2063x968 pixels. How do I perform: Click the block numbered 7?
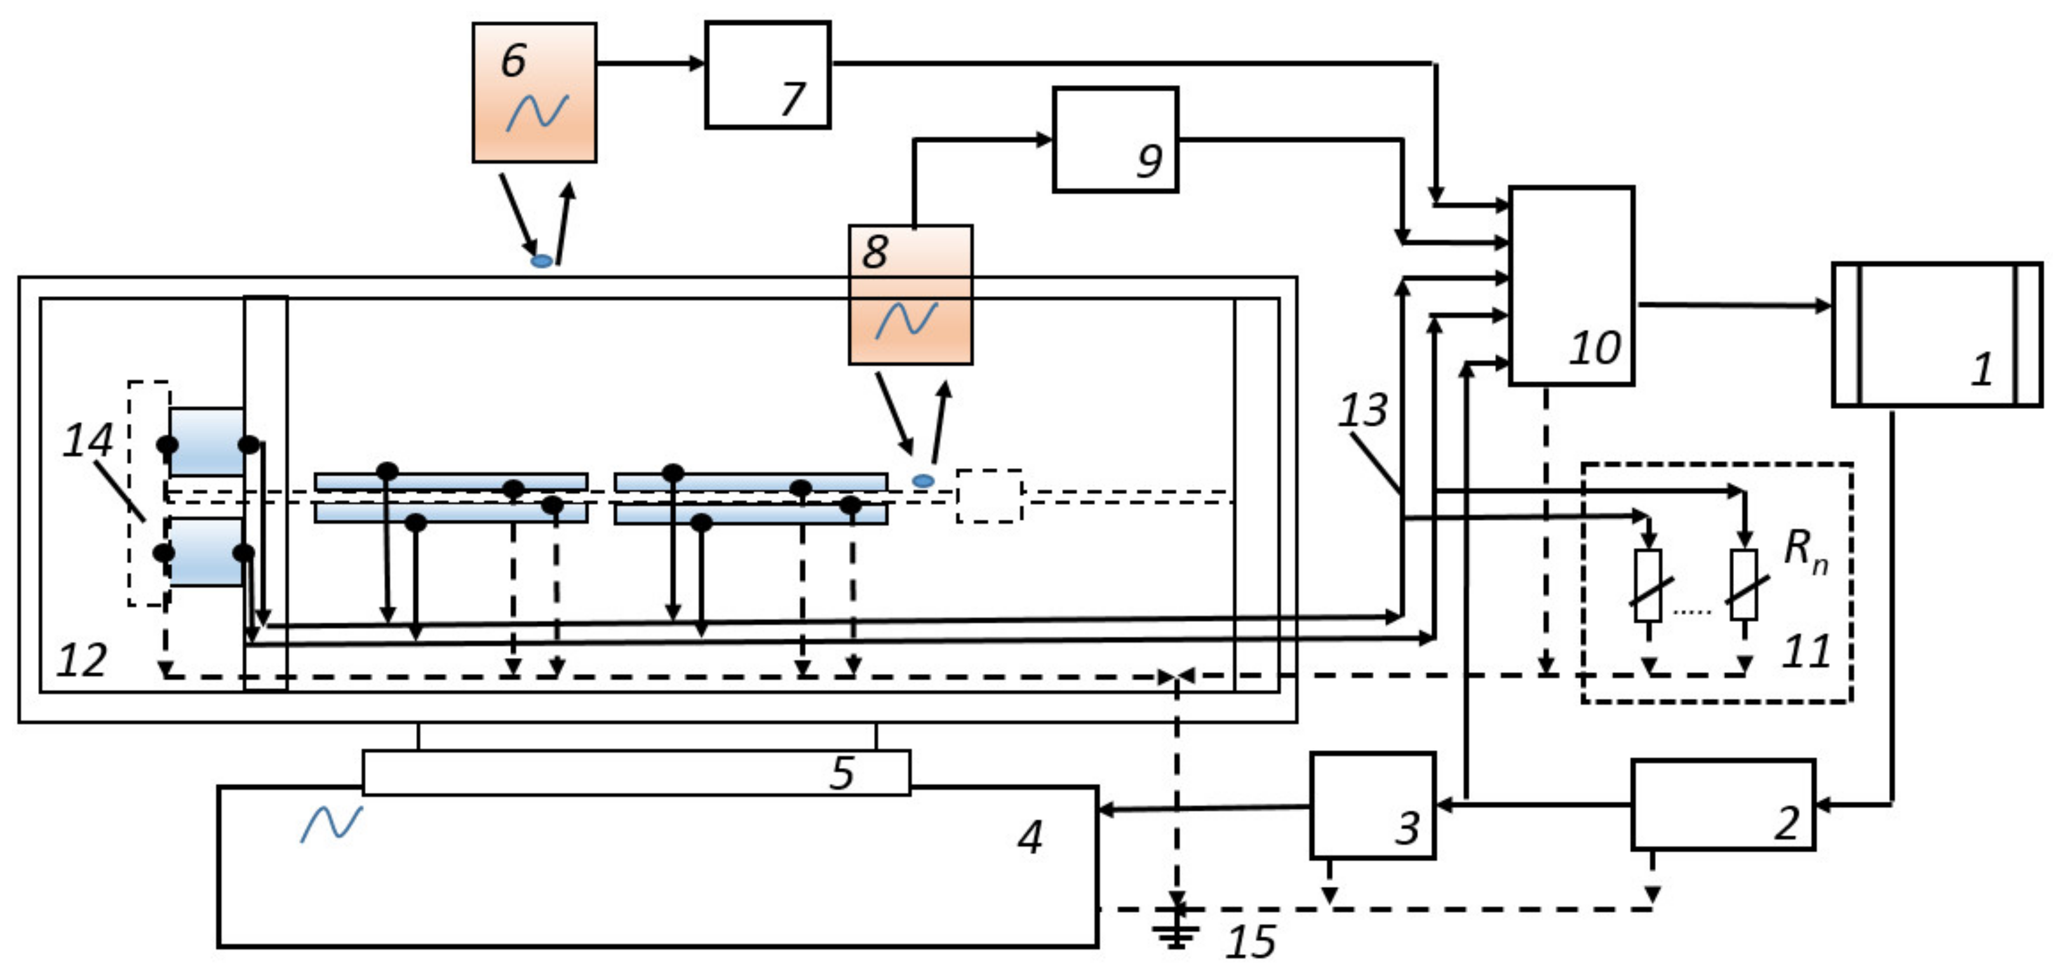(767, 74)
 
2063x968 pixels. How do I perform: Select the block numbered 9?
(1115, 139)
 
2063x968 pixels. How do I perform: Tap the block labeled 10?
(1571, 286)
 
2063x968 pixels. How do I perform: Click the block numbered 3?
(1373, 805)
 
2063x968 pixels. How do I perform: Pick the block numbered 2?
(1723, 805)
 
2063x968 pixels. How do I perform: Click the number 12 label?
(82, 661)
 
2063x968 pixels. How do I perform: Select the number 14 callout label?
(88, 440)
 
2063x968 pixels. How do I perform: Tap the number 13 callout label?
(1363, 410)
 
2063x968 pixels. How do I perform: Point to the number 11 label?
(1806, 651)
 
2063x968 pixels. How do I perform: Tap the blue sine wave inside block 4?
(332, 823)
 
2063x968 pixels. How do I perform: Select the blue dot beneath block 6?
(542, 261)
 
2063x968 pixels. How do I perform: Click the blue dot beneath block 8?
(924, 480)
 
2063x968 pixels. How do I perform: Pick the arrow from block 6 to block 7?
(650, 62)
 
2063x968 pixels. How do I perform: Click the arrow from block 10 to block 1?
(1734, 305)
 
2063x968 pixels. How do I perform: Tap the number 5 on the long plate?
(842, 772)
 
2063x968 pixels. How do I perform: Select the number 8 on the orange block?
(875, 252)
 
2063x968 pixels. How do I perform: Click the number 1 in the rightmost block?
(1982, 369)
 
